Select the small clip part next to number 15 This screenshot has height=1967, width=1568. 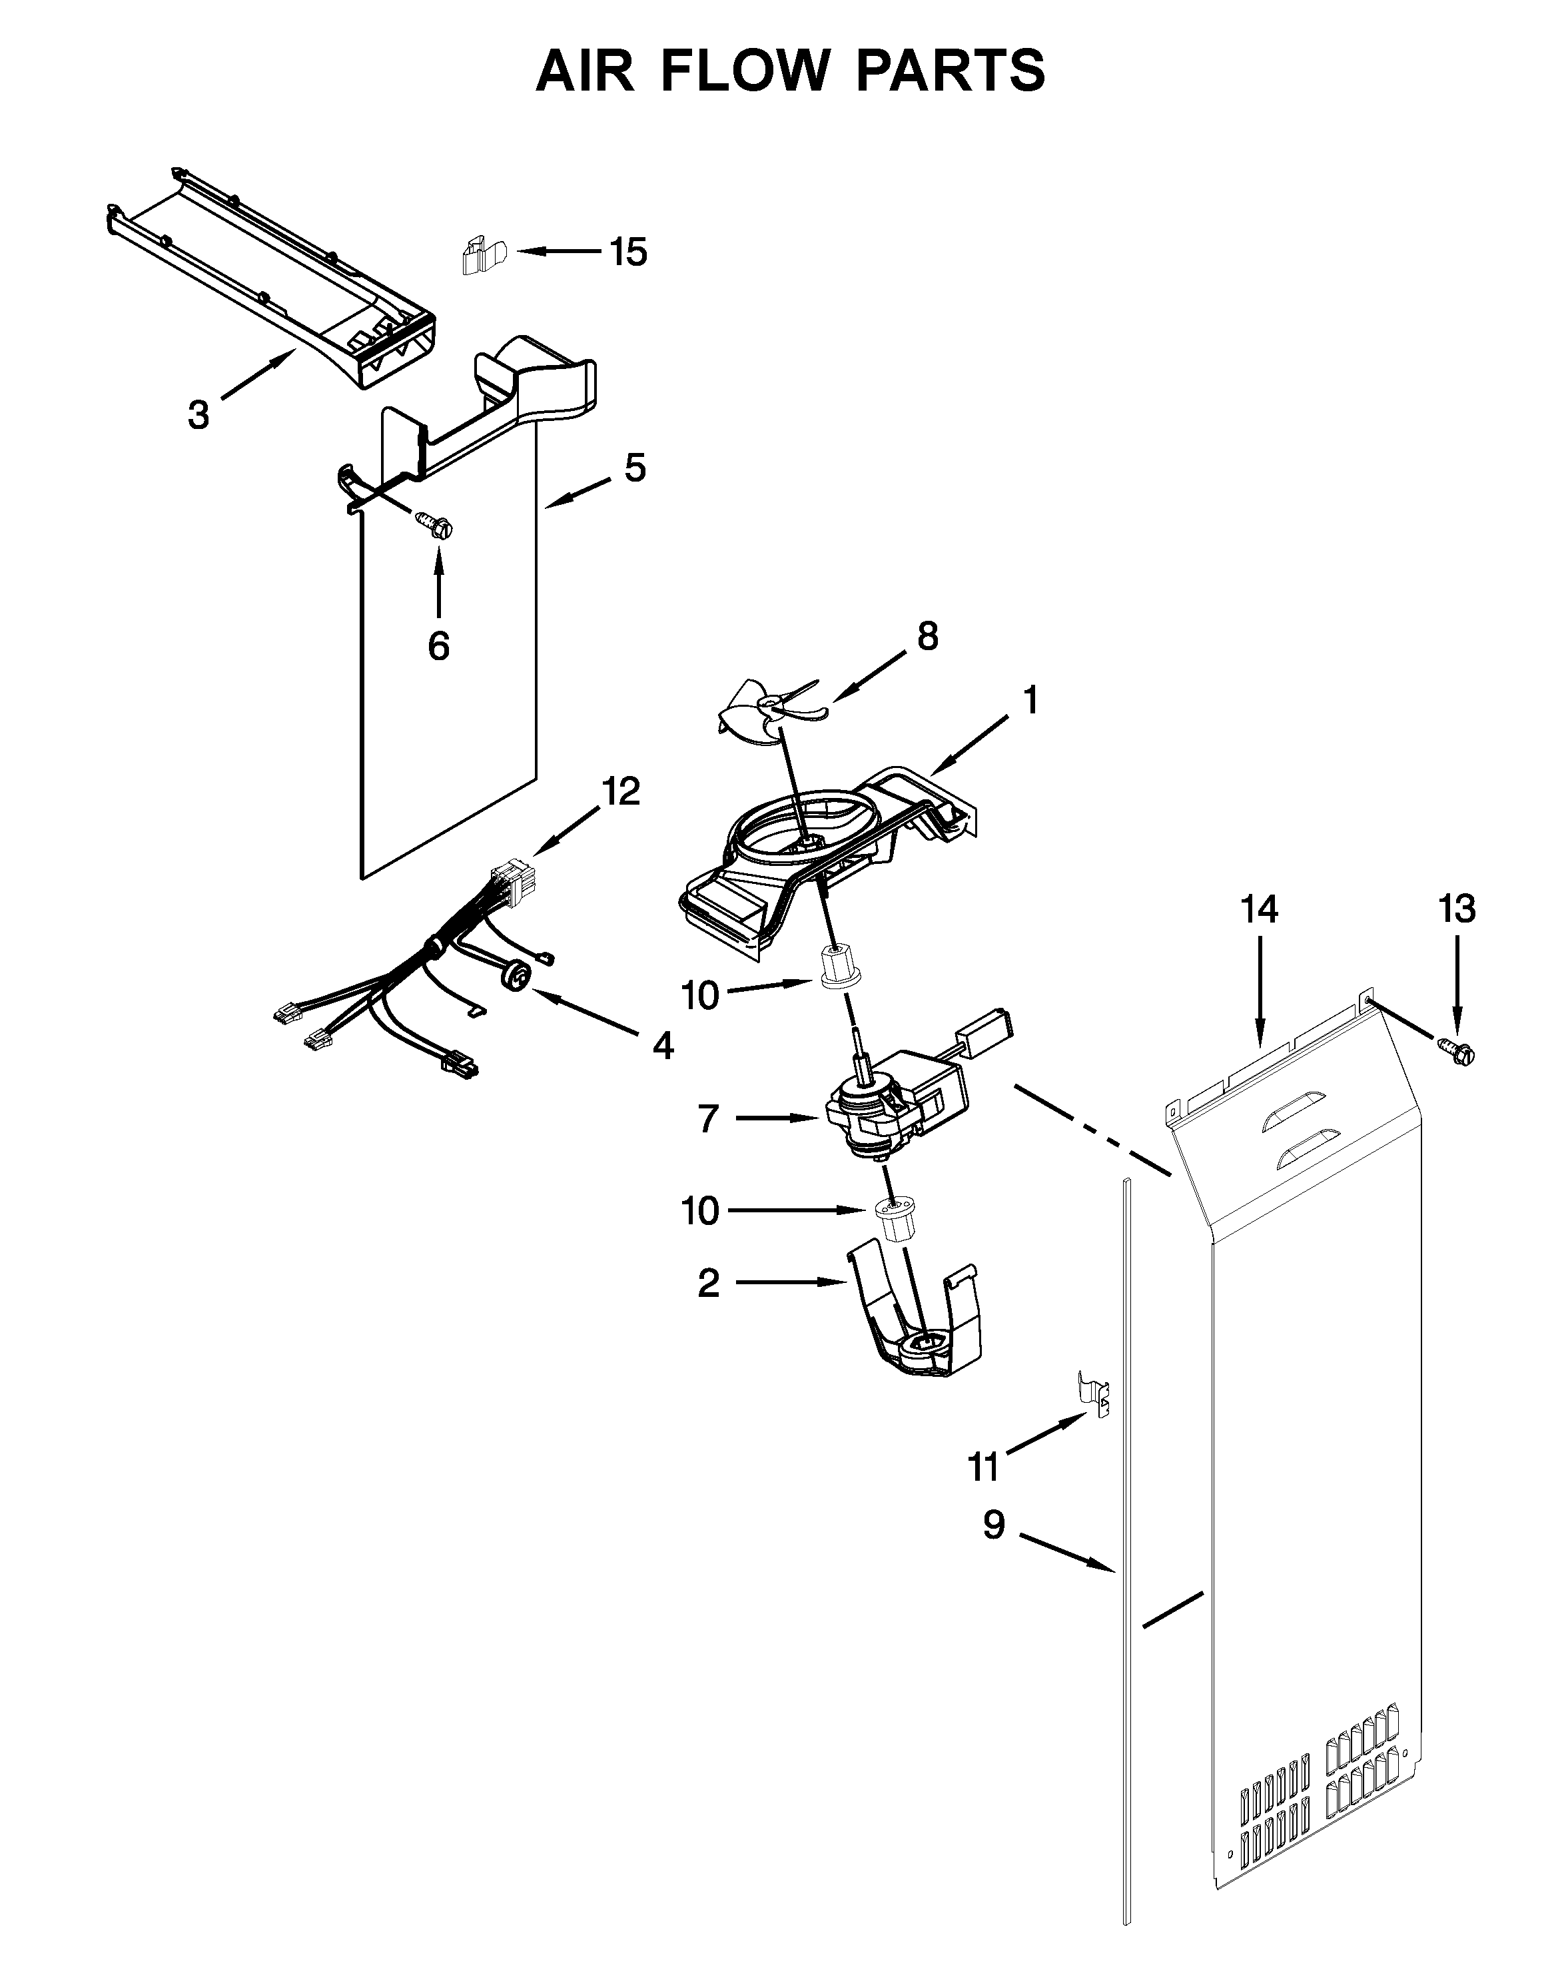point(482,256)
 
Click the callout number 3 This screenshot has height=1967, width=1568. point(198,414)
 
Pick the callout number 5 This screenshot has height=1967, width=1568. point(635,468)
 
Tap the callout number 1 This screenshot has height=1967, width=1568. point(1030,701)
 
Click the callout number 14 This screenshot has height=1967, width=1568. point(1259,910)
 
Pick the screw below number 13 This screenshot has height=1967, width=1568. point(1459,1052)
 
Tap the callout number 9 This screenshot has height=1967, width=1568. point(993,1525)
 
